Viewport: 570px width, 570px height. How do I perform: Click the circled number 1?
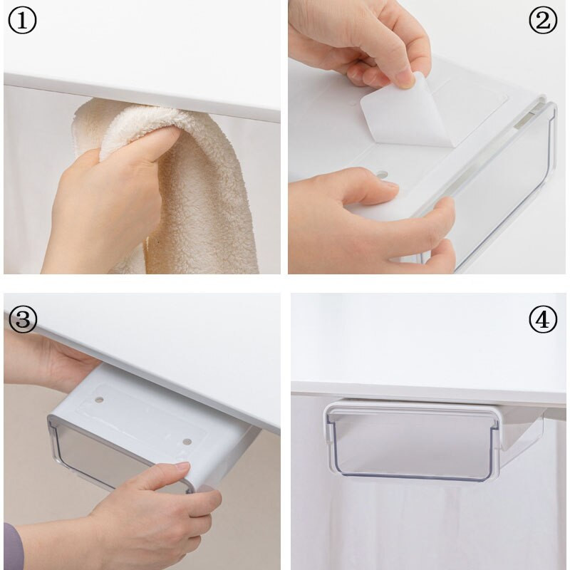coord(22,21)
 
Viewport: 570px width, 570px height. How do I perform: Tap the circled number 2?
coord(543,21)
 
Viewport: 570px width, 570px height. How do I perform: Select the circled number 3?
coord(23,319)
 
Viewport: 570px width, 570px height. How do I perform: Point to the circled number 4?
coord(543,319)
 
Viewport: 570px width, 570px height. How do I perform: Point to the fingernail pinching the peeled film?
coord(406,80)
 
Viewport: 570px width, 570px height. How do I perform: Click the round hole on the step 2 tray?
coord(381,175)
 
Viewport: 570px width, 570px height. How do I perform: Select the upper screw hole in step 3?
coord(99,400)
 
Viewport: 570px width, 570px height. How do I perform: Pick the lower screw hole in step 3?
coord(187,442)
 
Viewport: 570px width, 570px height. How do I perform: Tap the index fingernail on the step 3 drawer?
coord(182,466)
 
